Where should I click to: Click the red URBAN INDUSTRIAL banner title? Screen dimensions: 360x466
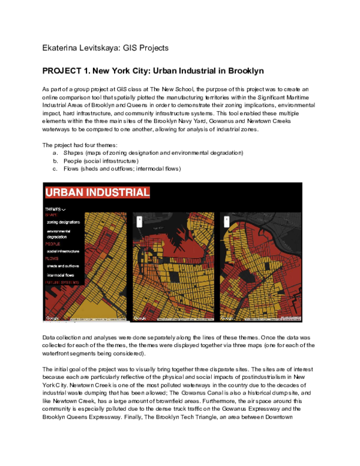(97, 193)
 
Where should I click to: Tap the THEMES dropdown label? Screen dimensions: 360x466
(55, 210)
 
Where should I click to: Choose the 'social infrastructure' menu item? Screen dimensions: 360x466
(65, 251)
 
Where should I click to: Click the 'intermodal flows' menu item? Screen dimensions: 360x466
(63, 275)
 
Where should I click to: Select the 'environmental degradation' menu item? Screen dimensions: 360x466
(59, 234)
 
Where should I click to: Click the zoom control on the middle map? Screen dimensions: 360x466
(139, 220)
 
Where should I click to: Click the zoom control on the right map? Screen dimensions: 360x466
(226, 220)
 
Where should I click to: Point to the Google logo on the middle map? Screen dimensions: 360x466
(140, 318)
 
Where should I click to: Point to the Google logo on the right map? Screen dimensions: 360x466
(227, 318)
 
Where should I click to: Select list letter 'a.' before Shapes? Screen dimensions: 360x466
(56, 153)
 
